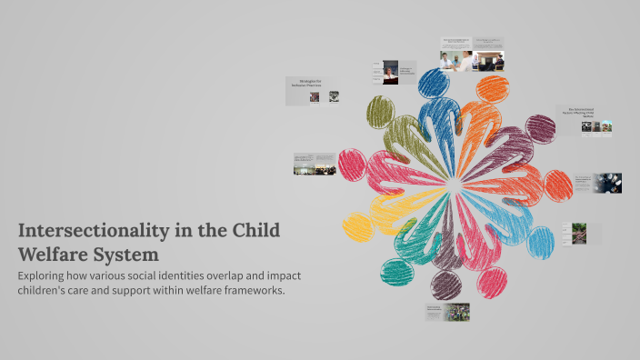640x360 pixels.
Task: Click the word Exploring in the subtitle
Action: [x=45, y=275]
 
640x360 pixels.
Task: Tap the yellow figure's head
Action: [x=357, y=226]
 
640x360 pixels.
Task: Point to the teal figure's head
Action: [x=396, y=270]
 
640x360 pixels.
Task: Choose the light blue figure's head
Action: [x=541, y=242]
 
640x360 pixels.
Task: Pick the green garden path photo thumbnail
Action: [x=578, y=234]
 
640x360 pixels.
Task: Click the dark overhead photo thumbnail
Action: [x=607, y=183]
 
